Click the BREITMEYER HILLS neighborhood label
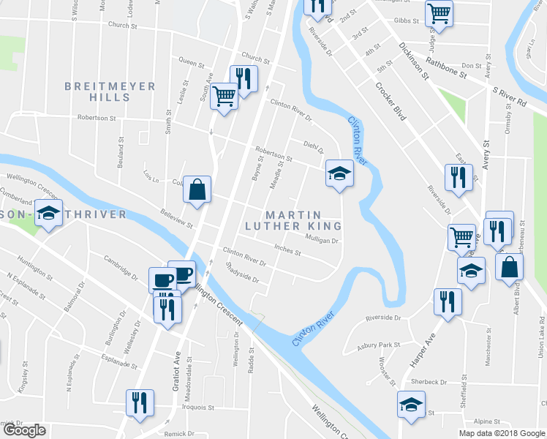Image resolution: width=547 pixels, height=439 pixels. point(110,91)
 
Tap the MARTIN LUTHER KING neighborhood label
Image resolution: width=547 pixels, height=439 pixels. point(293,220)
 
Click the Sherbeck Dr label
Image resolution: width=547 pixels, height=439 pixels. point(429,382)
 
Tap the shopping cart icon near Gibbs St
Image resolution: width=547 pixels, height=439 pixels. point(439,12)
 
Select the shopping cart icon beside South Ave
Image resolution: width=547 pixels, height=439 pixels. point(225,95)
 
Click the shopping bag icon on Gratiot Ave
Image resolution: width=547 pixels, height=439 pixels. point(197,190)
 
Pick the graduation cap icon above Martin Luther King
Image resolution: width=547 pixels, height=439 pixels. point(339,173)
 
